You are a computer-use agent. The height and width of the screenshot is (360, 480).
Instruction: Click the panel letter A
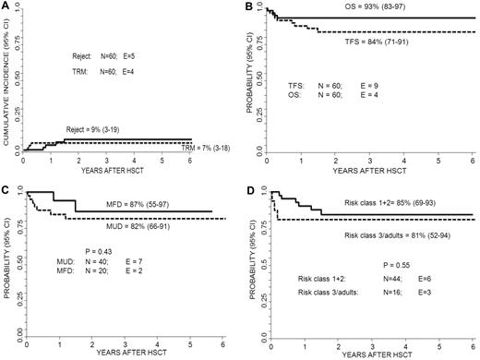(6, 6)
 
